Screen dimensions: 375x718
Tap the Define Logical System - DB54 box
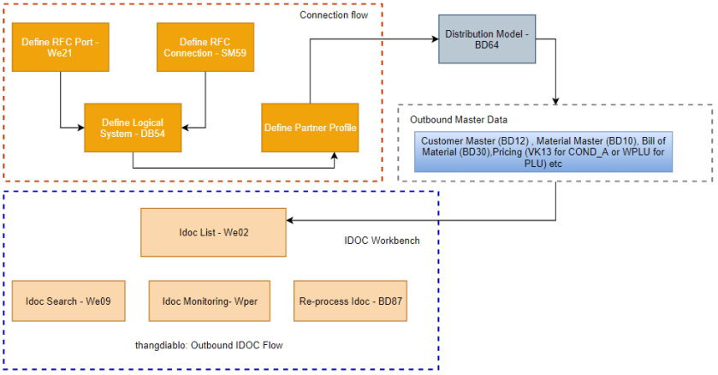(133, 128)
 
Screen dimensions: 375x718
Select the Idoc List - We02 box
(213, 232)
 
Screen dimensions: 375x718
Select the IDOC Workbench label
(377, 241)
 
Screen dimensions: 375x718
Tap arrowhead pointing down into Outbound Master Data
(557, 102)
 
